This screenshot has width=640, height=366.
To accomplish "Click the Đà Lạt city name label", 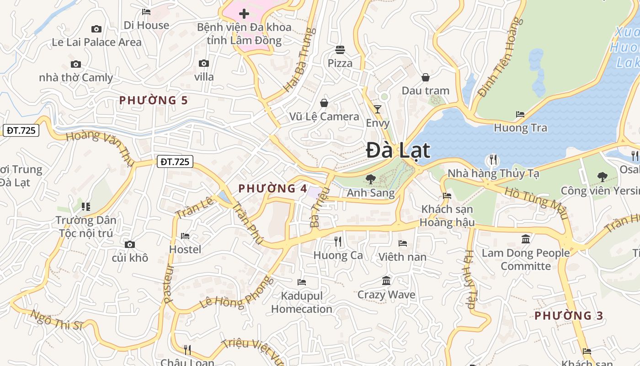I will pyautogui.click(x=398, y=151).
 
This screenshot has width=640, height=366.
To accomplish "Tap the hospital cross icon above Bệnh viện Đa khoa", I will pyautogui.click(x=244, y=14).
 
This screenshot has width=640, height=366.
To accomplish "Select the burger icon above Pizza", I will pyautogui.click(x=340, y=49).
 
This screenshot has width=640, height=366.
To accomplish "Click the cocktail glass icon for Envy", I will pyautogui.click(x=377, y=109).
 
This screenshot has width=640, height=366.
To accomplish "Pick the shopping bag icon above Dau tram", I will pyautogui.click(x=425, y=77).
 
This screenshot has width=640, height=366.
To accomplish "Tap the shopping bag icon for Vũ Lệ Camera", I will pyautogui.click(x=324, y=103).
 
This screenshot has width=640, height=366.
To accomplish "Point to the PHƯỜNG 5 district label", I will pyautogui.click(x=154, y=100).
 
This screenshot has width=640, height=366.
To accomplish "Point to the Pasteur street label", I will pyautogui.click(x=169, y=284).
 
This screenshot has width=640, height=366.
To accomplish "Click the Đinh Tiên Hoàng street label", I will pyautogui.click(x=499, y=57).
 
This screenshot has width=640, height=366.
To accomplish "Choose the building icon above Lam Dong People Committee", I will pyautogui.click(x=526, y=239).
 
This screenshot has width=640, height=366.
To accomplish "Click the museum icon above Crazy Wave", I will pyautogui.click(x=386, y=280).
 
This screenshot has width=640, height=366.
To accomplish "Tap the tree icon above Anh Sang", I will pyautogui.click(x=370, y=179).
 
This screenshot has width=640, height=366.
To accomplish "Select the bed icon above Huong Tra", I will pyautogui.click(x=520, y=114).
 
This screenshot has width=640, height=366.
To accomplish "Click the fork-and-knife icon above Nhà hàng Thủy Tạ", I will pyautogui.click(x=493, y=160).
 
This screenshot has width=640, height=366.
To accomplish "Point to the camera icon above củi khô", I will pyautogui.click(x=130, y=244).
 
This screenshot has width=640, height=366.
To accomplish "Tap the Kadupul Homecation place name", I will pyautogui.click(x=302, y=302).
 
